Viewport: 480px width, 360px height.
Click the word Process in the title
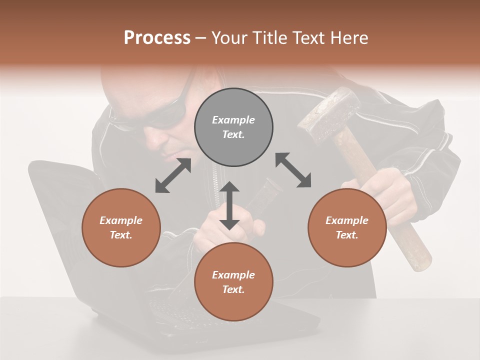point(157,38)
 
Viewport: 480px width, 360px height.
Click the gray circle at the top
point(233,127)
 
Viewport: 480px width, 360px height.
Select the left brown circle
point(121,227)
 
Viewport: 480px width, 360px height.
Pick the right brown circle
point(347,227)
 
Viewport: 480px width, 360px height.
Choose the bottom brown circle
point(233,282)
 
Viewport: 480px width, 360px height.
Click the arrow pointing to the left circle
point(173,175)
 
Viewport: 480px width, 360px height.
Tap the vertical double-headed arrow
point(229,205)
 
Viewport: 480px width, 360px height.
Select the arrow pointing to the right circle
point(293,170)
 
